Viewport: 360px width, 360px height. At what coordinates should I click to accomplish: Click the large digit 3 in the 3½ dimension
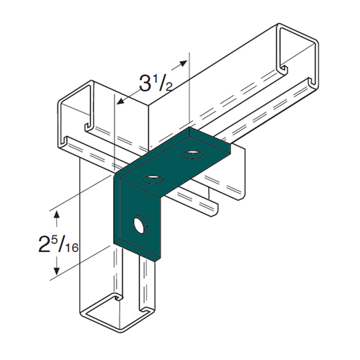coord(145,83)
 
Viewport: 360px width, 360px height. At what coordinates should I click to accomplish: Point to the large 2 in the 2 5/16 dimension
coord(44,244)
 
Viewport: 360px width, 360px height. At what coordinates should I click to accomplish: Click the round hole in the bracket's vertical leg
coord(140,224)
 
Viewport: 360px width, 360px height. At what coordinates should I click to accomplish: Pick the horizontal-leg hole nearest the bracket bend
coord(153,179)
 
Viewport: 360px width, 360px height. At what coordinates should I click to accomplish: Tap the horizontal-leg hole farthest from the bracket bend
coord(192,154)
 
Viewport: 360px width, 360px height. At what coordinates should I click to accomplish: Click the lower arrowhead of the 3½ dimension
coord(121,102)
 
